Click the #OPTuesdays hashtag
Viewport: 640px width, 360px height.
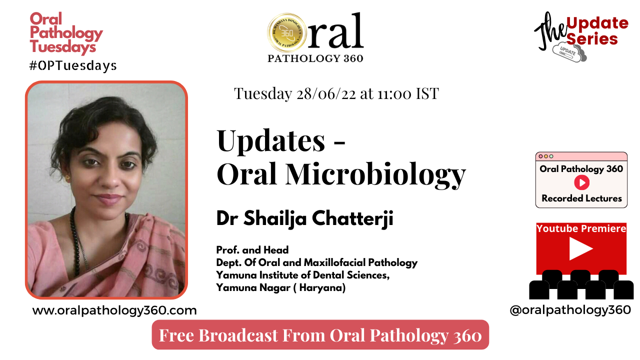[73, 65]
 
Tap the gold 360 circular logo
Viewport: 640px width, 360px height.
[287, 33]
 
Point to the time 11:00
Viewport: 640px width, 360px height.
[392, 93]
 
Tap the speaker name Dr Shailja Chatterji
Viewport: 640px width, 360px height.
[304, 219]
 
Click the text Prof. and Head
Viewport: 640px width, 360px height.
[252, 249]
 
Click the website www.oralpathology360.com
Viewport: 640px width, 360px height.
[114, 310]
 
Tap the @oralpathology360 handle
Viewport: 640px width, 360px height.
[570, 310]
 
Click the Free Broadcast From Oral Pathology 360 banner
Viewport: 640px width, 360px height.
[320, 335]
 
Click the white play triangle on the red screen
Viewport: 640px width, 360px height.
[580, 249]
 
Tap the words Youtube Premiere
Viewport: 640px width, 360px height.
[581, 228]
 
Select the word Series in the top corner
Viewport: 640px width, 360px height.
[592, 39]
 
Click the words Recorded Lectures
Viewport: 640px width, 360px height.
[581, 198]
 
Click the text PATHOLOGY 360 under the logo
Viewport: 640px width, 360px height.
[315, 58]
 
